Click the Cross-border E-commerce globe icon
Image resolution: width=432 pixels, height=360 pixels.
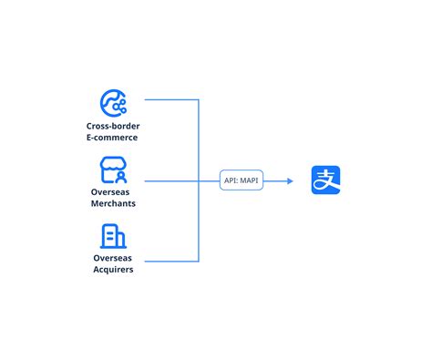tap(113, 100)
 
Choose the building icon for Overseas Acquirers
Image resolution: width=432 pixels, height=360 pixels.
tap(113, 237)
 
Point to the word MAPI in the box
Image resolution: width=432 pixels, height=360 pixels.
tap(251, 181)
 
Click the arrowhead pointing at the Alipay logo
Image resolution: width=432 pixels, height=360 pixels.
tap(290, 181)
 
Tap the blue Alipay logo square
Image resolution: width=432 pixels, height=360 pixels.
tap(327, 180)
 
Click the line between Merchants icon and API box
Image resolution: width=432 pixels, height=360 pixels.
tap(182, 181)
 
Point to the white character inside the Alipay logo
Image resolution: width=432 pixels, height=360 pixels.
tap(327, 180)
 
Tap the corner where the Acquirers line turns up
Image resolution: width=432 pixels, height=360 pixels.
tap(199, 262)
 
